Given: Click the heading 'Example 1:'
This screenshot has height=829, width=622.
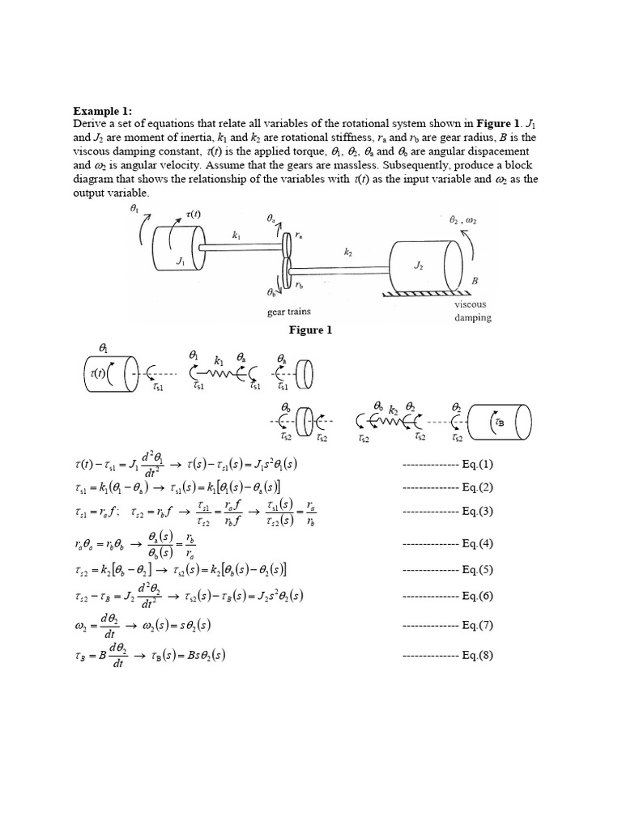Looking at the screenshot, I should point(101,110).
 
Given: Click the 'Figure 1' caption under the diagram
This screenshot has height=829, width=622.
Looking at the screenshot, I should point(312,330).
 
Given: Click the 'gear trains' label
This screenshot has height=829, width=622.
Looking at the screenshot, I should point(288,312).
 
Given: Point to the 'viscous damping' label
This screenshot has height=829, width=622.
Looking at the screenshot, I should point(472,312).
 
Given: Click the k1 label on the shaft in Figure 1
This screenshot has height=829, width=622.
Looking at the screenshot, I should point(236,236).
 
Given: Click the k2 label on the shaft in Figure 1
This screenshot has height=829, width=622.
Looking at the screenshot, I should point(348,253).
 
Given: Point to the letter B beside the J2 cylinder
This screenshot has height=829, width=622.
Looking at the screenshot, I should point(475,280).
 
